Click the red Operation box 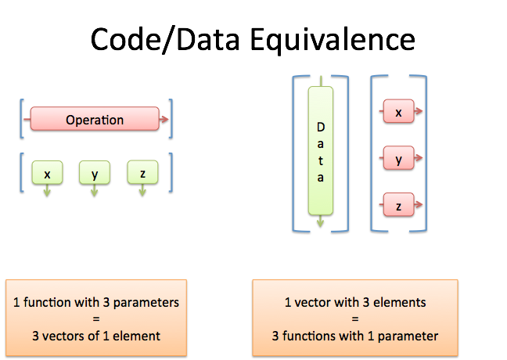pyautogui.click(x=94, y=120)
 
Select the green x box pyautogui.click(x=46, y=173)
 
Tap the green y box pyautogui.click(x=95, y=173)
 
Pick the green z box pyautogui.click(x=142, y=173)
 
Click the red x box pyautogui.click(x=398, y=112)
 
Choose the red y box pyautogui.click(x=398, y=160)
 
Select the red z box pyautogui.click(x=398, y=207)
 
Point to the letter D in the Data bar pyautogui.click(x=320, y=126)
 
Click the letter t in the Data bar pyautogui.click(x=320, y=160)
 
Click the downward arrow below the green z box pyautogui.click(x=142, y=193)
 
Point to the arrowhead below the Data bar pyautogui.click(x=320, y=225)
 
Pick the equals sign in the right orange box pyautogui.click(x=354, y=319)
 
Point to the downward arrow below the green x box pyautogui.click(x=46, y=193)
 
